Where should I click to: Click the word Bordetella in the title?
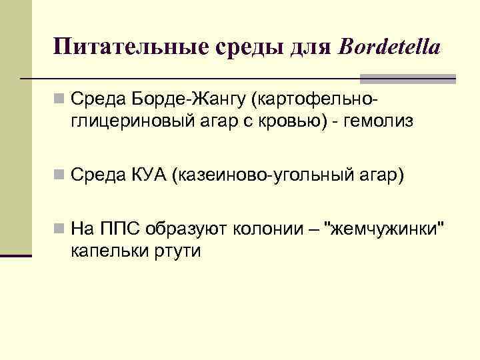[390, 47]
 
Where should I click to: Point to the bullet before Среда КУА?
[60, 175]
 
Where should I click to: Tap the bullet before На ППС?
[60, 230]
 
